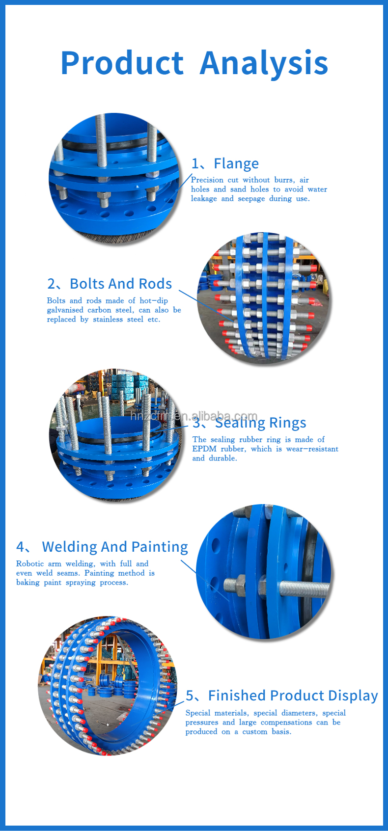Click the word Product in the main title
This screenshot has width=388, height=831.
(x=122, y=63)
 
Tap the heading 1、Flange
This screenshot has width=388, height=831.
(x=225, y=163)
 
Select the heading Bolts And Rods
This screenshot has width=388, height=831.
(x=121, y=283)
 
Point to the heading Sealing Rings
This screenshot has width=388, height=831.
(x=261, y=423)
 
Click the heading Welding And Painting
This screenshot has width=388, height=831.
(x=115, y=547)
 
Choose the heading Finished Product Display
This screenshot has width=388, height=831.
(x=293, y=695)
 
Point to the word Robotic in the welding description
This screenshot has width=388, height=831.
(x=29, y=563)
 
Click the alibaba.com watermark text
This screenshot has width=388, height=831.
(x=194, y=416)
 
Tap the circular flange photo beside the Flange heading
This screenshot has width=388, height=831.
(x=115, y=179)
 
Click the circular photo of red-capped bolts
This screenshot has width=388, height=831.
(x=264, y=298)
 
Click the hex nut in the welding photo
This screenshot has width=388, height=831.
(x=234, y=585)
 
